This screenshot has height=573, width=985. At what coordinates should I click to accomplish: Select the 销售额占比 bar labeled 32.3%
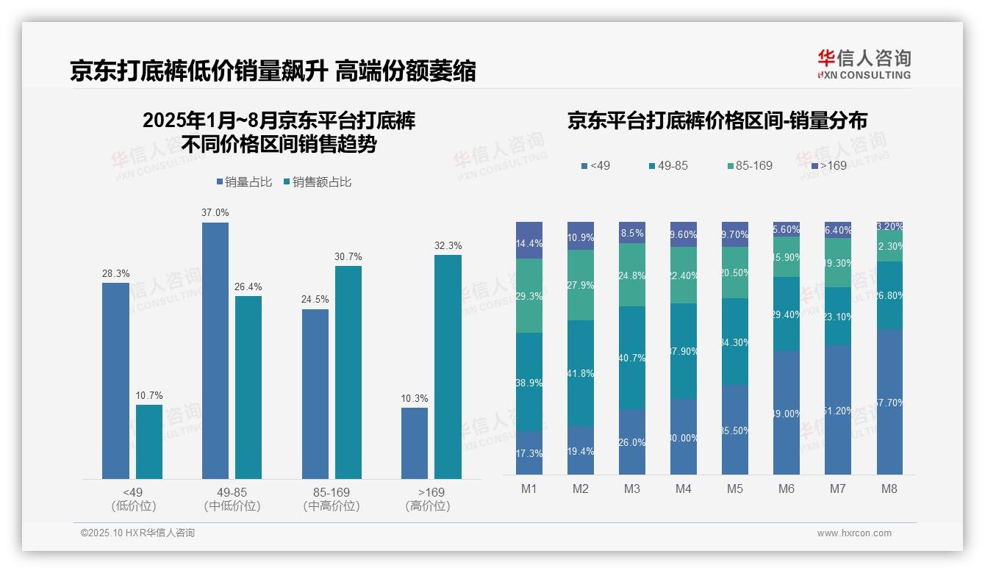tap(448, 367)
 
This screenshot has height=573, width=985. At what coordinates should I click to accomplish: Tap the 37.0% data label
tap(215, 212)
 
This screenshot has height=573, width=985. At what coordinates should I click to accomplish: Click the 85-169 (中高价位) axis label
tap(332, 499)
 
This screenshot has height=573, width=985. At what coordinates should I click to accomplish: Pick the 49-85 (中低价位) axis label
tap(232, 499)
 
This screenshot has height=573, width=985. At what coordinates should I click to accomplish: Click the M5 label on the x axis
tap(735, 489)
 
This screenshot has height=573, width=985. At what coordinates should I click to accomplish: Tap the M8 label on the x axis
tap(889, 489)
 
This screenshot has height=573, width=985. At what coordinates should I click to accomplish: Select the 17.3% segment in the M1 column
tap(529, 453)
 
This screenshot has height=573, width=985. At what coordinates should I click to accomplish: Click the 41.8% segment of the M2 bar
tap(581, 373)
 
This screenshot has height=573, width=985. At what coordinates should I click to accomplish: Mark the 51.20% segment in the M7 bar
tap(838, 410)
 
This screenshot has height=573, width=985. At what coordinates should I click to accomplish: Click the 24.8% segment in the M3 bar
tap(632, 275)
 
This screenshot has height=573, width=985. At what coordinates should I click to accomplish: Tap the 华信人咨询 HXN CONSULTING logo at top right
tap(864, 65)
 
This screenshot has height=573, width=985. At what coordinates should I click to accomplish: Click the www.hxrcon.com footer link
tap(854, 533)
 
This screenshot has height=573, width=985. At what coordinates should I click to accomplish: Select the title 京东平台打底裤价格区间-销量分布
tap(717, 121)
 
